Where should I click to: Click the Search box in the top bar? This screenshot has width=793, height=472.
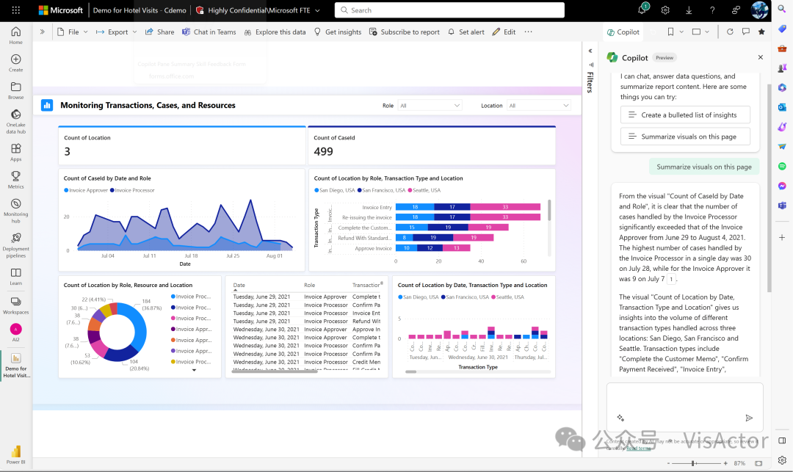pos(449,10)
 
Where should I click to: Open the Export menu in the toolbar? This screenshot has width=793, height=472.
pos(117,32)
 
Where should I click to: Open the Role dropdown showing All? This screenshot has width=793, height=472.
pos(430,106)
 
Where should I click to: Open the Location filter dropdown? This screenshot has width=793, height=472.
pos(538,106)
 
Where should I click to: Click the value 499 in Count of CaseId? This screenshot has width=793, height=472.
pos(323,152)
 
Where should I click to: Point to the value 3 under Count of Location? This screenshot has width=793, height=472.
pos(68,152)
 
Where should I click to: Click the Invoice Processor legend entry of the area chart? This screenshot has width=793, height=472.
pos(134,190)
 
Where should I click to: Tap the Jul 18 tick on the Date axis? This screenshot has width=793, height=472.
pos(191,255)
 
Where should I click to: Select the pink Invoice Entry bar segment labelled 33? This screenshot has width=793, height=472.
pos(505,208)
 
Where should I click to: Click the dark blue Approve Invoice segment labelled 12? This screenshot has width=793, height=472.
pos(429,248)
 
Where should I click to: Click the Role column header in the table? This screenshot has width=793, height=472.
pos(309,285)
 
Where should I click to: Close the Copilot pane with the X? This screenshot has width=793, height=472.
pos(760,57)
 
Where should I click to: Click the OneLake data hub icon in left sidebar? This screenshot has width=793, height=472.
pos(15,118)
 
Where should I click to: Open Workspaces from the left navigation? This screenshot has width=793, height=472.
pos(15,305)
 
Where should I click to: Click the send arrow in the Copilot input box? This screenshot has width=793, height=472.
pos(749,418)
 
